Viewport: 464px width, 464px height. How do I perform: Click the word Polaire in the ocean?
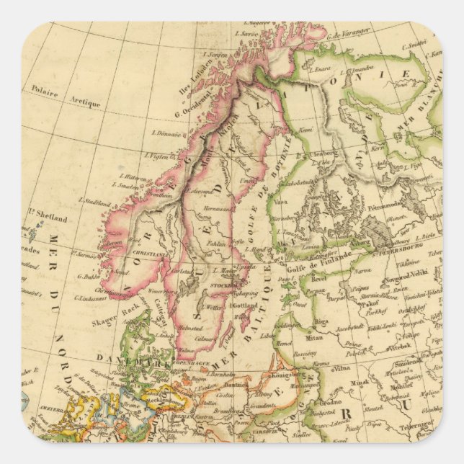pyautogui.click(x=44, y=91)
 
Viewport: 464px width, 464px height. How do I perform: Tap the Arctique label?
pyautogui.click(x=85, y=102)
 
